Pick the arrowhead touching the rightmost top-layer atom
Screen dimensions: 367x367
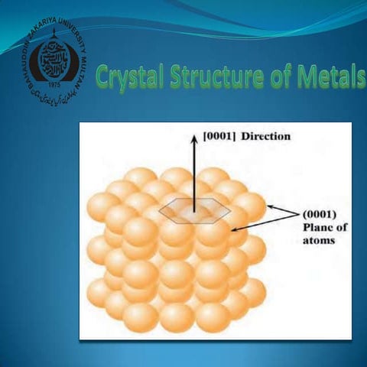pos(268,207)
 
